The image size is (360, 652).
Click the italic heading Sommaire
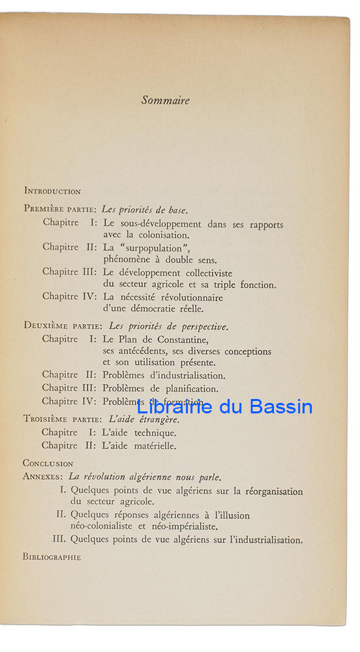click(166, 100)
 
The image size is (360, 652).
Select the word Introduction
click(52, 192)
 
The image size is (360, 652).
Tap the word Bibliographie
click(52, 557)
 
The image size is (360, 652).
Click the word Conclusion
click(48, 463)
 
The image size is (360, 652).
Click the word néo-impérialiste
click(184, 526)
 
